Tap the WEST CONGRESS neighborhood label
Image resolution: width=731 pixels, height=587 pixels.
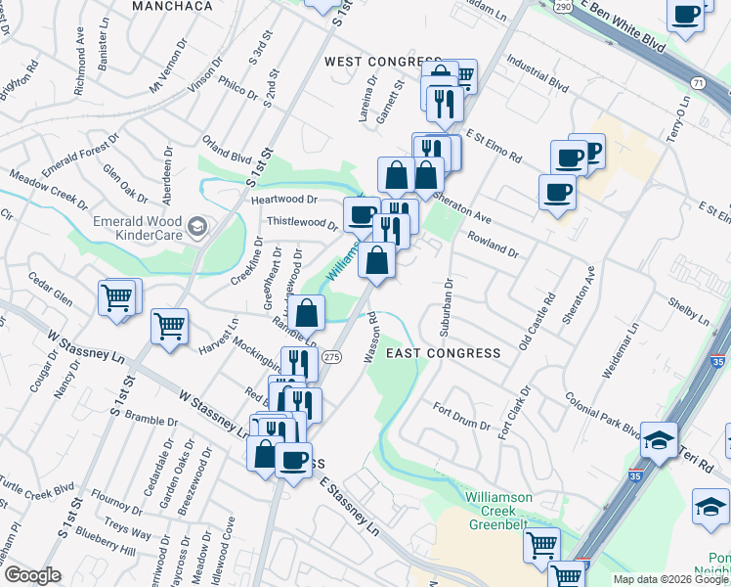click(x=370, y=62)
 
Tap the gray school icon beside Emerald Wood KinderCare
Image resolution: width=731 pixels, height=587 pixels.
click(x=196, y=228)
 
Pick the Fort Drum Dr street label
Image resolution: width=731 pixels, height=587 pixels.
click(x=458, y=413)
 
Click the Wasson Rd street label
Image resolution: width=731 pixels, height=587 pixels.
click(x=371, y=339)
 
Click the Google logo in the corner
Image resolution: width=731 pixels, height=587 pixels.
click(x=33, y=575)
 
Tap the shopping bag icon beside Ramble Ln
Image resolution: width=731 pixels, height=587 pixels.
click(x=307, y=313)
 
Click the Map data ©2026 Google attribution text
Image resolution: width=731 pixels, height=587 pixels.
click(x=669, y=579)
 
